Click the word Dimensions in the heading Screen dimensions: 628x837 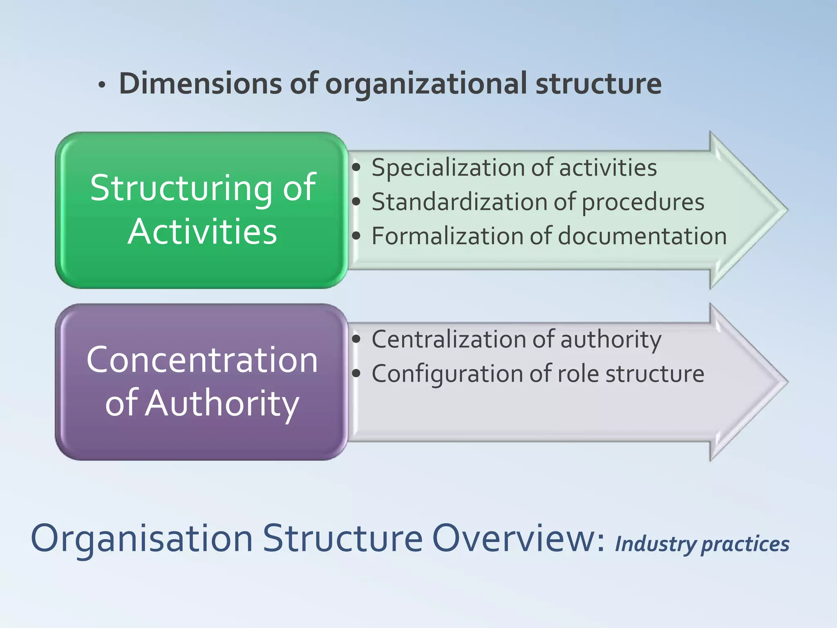pyautogui.click(x=200, y=84)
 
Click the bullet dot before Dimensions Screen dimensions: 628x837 pyautogui.click(x=102, y=85)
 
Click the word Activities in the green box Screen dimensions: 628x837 pyautogui.click(x=202, y=232)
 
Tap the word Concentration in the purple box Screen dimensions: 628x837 pyautogui.click(x=202, y=360)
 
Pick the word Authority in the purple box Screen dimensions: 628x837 pyautogui.click(x=222, y=404)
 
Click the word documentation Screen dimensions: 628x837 pyautogui.click(x=642, y=236)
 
